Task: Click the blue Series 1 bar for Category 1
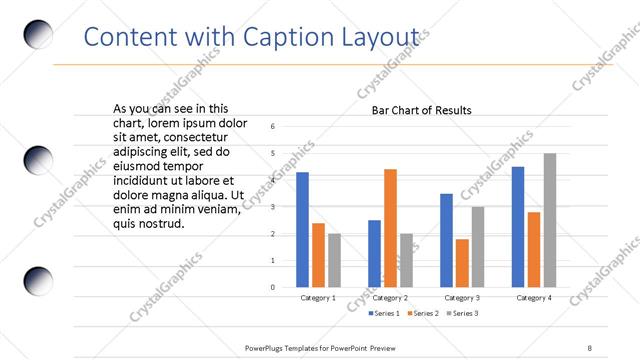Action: tap(302, 230)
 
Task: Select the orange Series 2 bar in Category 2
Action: tap(390, 228)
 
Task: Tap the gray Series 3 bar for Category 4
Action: tap(549, 220)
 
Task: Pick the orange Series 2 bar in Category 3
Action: tap(462, 263)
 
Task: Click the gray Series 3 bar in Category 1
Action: tap(334, 260)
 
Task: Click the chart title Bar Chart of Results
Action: tap(421, 110)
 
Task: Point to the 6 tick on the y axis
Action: tap(273, 127)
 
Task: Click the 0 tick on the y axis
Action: tap(273, 287)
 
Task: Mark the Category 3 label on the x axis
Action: tap(462, 298)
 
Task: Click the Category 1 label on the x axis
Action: tap(318, 298)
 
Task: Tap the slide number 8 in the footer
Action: tap(589, 347)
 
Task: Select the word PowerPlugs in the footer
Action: tap(268, 347)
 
